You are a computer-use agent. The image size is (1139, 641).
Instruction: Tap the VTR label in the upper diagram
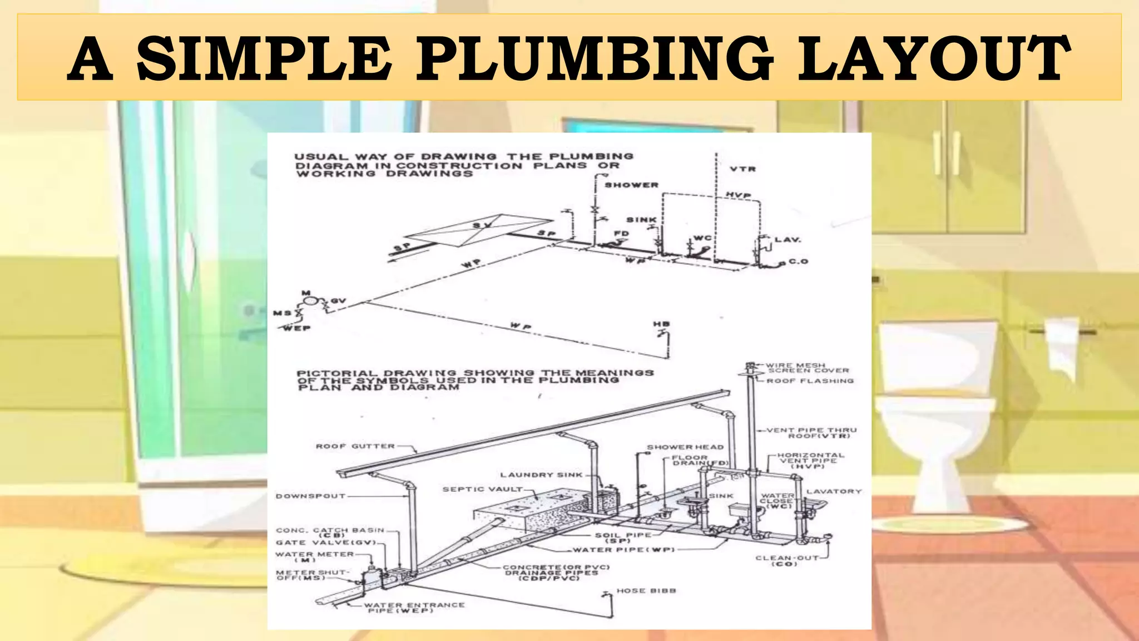(x=743, y=169)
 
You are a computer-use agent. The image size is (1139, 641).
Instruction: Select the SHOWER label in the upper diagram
(x=631, y=185)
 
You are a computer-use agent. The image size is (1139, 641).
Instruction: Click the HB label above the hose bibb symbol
(x=662, y=324)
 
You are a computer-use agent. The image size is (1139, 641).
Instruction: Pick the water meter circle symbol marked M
(x=310, y=302)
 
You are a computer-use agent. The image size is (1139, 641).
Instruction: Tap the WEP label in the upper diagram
(x=297, y=328)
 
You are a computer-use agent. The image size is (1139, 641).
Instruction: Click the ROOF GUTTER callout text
(x=355, y=446)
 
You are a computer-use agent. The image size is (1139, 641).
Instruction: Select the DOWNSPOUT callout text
(x=310, y=496)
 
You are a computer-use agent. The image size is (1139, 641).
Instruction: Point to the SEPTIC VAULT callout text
(x=482, y=489)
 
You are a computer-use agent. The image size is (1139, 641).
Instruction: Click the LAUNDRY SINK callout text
(x=541, y=475)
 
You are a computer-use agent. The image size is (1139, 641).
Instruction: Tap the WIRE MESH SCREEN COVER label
(x=807, y=368)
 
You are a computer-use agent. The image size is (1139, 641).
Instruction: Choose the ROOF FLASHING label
(x=810, y=381)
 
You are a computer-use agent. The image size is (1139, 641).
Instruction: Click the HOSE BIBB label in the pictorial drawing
(x=646, y=590)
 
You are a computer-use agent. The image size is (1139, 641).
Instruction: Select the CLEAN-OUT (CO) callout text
(x=786, y=560)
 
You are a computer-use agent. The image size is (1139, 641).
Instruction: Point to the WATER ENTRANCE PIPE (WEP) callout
(x=414, y=608)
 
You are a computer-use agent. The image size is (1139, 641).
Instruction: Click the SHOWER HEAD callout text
(x=685, y=447)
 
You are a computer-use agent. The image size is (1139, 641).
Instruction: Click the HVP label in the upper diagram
(x=739, y=195)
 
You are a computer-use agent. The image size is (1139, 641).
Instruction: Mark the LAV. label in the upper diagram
(x=788, y=240)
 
